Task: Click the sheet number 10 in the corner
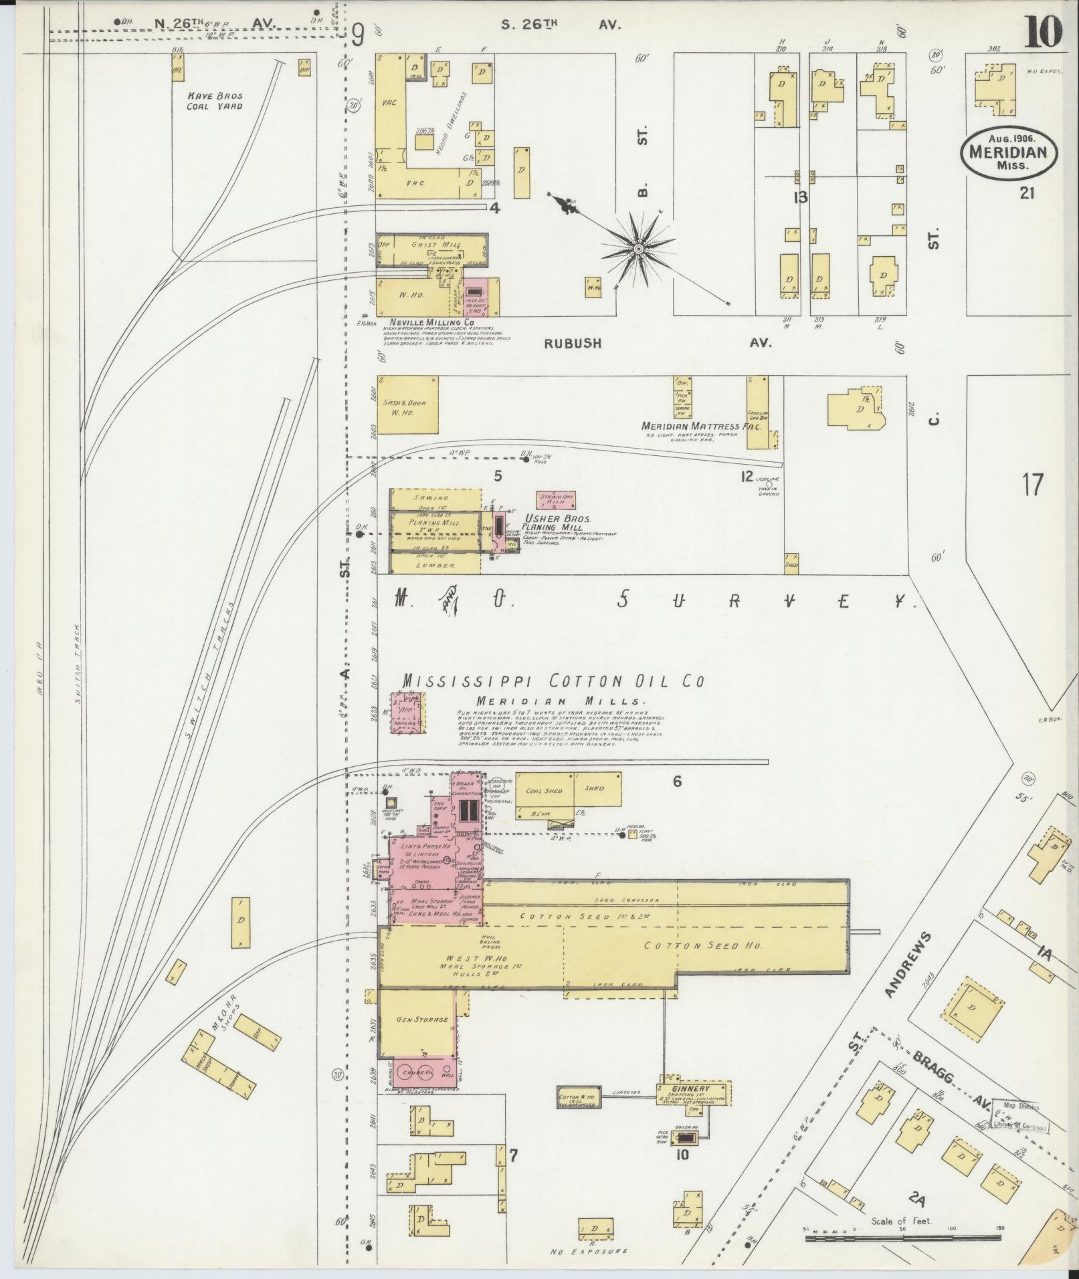(x=1046, y=32)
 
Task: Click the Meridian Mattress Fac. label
(x=700, y=426)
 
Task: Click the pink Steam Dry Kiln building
(x=556, y=499)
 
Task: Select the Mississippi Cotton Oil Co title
(x=553, y=681)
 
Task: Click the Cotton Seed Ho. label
(x=700, y=946)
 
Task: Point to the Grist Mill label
(x=422, y=245)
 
